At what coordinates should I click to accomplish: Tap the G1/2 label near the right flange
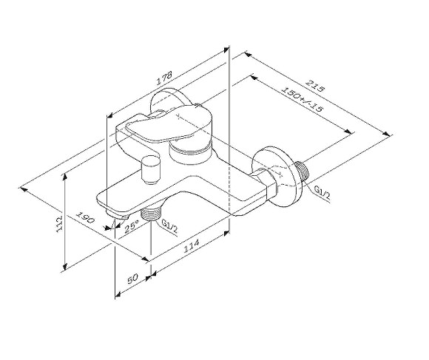click(x=321, y=193)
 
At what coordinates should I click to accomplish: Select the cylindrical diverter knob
click(x=152, y=170)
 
